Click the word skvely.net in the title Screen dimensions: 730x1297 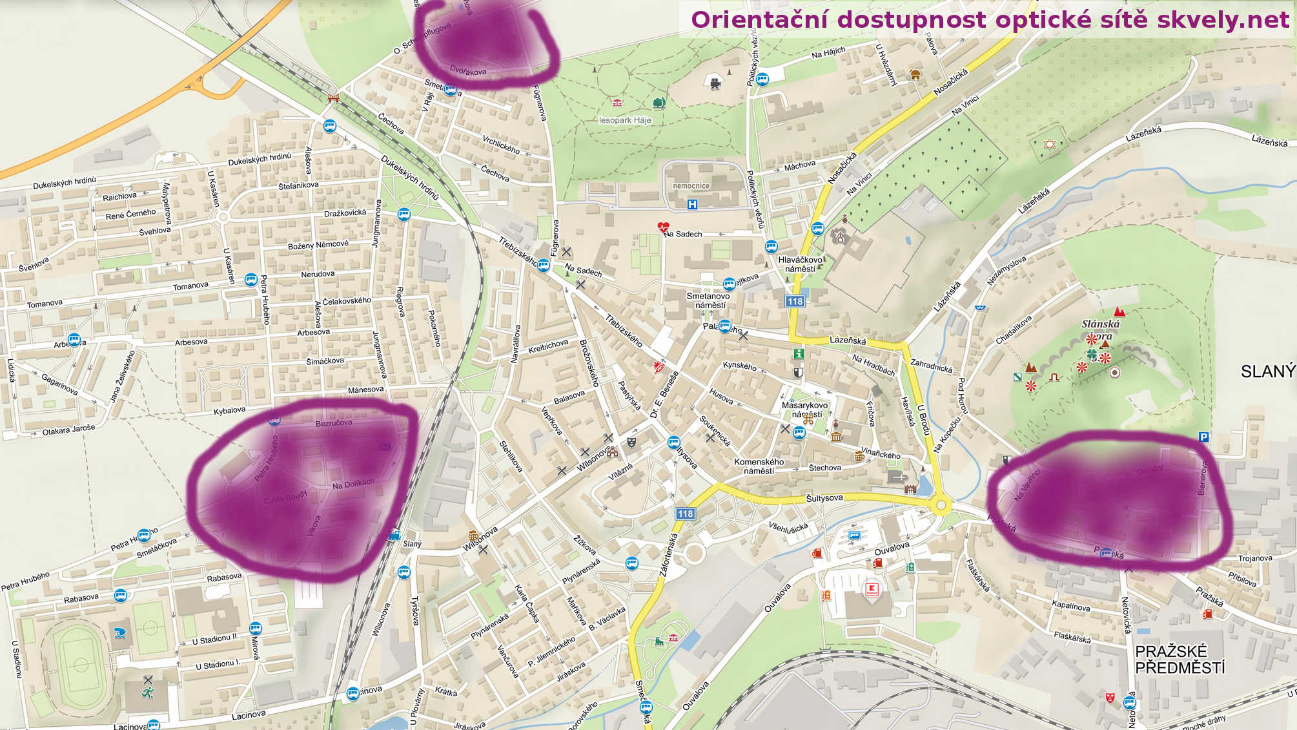tap(1223, 20)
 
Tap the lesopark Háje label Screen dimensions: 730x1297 tap(625, 120)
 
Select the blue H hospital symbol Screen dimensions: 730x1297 tap(693, 205)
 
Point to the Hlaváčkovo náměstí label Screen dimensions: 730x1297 tap(801, 264)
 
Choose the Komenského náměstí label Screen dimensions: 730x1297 tap(759, 466)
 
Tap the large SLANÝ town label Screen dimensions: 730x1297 tap(1267, 371)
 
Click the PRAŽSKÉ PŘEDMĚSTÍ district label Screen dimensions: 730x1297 tap(1180, 659)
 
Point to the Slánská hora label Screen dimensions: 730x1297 tap(1101, 329)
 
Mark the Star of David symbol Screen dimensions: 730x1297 tap(1049, 144)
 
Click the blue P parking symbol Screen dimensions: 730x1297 tap(1203, 437)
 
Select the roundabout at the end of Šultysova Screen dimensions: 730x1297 tap(940, 505)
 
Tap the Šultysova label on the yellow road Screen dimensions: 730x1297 tap(824, 498)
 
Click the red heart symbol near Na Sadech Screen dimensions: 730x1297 tap(663, 227)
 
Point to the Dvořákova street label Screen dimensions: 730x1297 tap(467, 71)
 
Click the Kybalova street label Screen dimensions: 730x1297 tap(230, 410)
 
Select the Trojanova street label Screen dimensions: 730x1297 tap(1255, 558)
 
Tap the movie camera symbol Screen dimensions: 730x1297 tap(715, 83)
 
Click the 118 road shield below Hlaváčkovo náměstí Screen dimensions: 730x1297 tap(795, 301)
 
